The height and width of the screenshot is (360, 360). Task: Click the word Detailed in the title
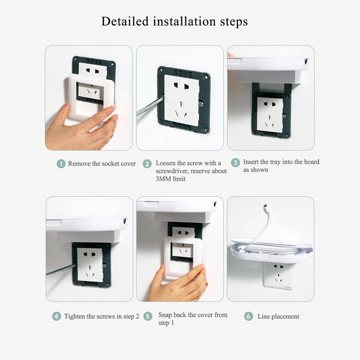[125, 21]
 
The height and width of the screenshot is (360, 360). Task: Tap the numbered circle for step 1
[61, 164]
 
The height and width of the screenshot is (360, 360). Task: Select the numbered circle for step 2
[147, 164]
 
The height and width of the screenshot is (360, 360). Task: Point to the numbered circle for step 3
[235, 162]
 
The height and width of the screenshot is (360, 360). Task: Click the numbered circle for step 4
[57, 316]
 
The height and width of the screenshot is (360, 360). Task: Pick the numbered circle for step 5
[148, 316]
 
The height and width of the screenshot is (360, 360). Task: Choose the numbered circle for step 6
[248, 316]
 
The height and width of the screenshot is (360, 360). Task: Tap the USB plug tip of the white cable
[265, 206]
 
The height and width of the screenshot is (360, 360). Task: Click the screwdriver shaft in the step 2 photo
[150, 106]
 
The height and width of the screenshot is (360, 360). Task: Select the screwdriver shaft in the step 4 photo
[61, 269]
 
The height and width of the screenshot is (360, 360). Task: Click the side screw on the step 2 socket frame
[201, 104]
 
